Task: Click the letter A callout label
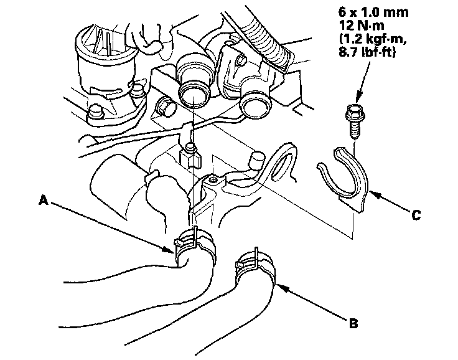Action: pyautogui.click(x=43, y=201)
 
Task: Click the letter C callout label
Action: pyautogui.click(x=415, y=216)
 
